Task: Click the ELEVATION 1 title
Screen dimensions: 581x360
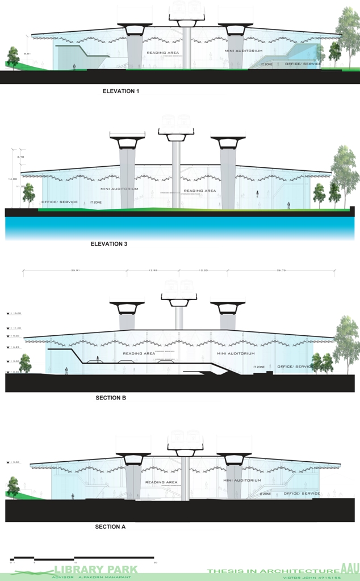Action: [121, 91]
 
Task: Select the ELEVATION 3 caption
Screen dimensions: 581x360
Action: [109, 244]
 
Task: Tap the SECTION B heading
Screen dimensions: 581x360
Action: [111, 398]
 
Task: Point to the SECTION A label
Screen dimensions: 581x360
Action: [110, 527]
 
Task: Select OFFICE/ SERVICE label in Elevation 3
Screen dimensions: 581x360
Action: [60, 202]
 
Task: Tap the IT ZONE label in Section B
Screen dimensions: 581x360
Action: [259, 367]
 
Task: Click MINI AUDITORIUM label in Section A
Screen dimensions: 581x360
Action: [242, 481]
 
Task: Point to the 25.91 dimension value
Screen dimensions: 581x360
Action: [74, 271]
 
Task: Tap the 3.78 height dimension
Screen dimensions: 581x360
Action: [20, 157]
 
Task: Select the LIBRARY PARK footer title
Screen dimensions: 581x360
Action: [95, 570]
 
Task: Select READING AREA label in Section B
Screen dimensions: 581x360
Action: [139, 353]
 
